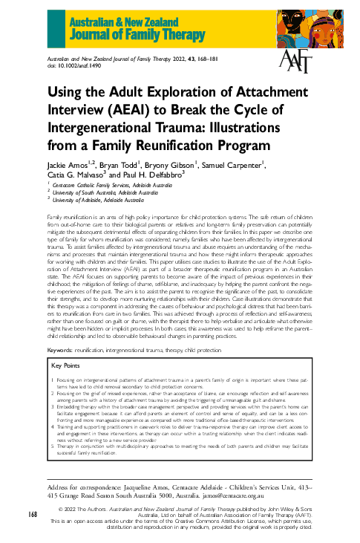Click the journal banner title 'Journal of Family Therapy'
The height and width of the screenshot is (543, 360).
127,30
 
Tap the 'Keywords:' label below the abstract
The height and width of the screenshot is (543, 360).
64,348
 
